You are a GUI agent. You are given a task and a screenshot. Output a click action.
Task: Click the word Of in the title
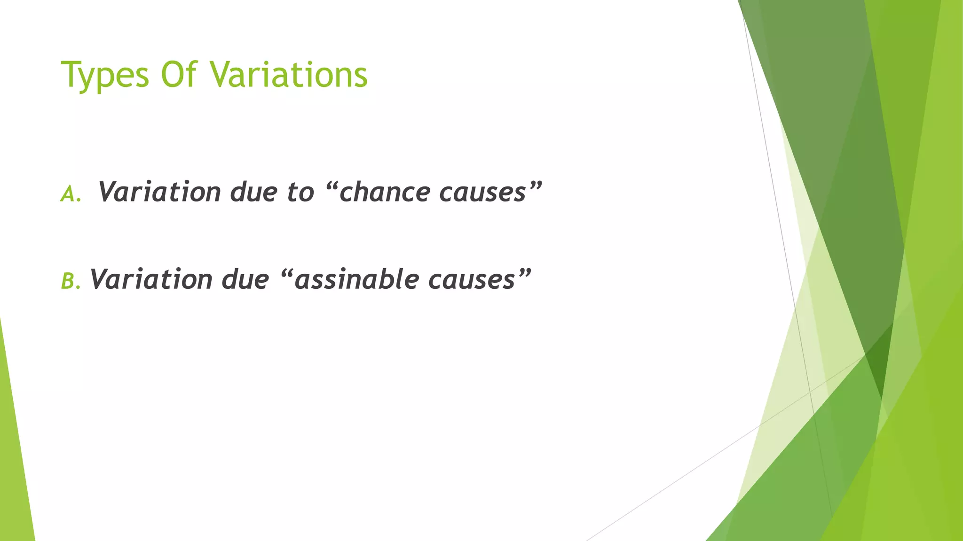[x=179, y=75]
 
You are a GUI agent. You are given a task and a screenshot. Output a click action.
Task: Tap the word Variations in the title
[x=288, y=75]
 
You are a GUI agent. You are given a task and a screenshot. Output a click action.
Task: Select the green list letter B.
[x=69, y=282]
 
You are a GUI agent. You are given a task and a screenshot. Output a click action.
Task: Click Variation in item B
[x=151, y=279]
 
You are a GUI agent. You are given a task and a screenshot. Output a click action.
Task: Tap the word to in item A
[x=300, y=192]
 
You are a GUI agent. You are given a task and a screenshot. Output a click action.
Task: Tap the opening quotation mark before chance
[x=331, y=184]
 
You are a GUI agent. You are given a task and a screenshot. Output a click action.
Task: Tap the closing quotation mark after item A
[x=536, y=184]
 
